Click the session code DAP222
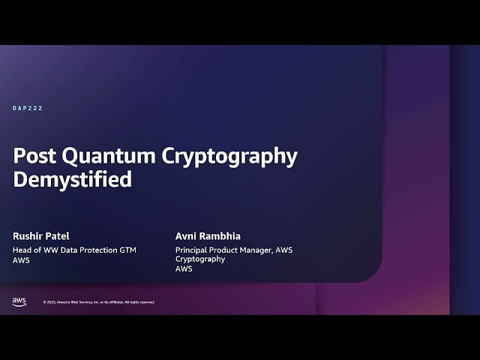[x=28, y=109]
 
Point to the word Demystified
[x=72, y=180]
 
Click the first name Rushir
[x=28, y=235]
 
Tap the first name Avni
[x=185, y=235]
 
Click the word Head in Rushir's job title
[x=23, y=250]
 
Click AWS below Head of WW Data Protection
[x=22, y=259]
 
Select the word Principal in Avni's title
[x=192, y=250]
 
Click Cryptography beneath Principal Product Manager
[x=200, y=259]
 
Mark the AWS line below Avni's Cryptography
[x=184, y=268]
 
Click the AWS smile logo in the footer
[x=19, y=301]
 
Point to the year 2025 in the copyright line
[x=51, y=302]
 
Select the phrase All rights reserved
[x=139, y=302]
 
